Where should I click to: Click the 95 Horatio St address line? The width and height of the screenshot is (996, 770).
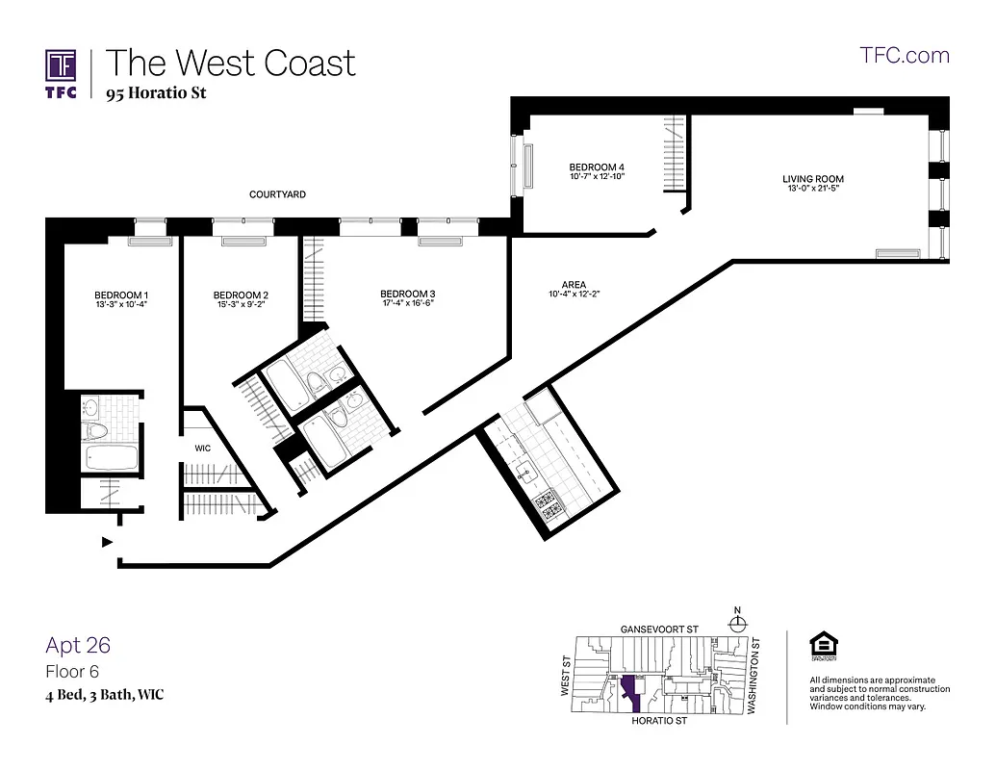[x=156, y=93]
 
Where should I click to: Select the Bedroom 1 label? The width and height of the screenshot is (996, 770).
[x=121, y=295]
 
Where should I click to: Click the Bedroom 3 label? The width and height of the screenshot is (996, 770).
[x=408, y=294]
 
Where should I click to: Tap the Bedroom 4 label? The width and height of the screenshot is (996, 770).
[x=598, y=167]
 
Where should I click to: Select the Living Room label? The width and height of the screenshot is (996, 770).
[x=813, y=179]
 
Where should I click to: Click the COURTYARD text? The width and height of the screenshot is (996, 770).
[x=277, y=194]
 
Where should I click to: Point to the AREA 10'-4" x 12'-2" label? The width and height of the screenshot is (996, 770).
[x=574, y=290]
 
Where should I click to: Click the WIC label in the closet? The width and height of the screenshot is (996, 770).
[x=203, y=448]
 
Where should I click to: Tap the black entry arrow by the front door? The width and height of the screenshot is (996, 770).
[x=107, y=543]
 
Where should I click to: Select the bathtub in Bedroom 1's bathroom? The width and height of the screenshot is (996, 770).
[x=113, y=458]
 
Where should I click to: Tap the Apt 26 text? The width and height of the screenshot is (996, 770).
[x=78, y=645]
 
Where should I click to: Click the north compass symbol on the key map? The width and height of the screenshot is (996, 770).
[x=738, y=622]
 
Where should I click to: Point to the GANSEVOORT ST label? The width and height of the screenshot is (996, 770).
[x=659, y=629]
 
